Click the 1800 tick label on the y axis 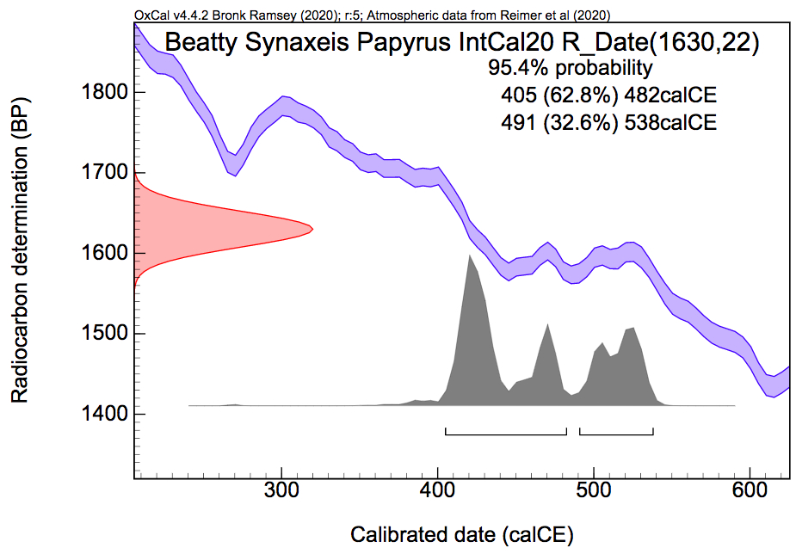101,92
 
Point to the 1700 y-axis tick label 101,172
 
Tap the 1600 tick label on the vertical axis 101,253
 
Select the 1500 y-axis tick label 101,333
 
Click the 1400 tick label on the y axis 101,414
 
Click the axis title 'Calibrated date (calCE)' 461,534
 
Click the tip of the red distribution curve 312,229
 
